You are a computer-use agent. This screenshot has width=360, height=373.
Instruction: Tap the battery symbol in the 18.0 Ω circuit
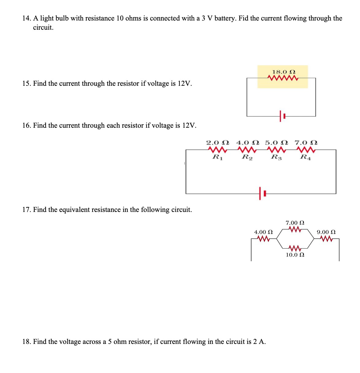(x=282, y=116)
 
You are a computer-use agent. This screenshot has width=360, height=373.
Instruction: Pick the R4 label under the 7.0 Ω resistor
(x=305, y=157)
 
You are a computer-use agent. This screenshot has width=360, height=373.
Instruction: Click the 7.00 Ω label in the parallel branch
(x=295, y=223)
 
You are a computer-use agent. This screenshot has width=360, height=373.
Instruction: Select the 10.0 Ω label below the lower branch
(x=295, y=255)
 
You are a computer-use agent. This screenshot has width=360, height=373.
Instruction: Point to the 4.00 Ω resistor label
(x=264, y=232)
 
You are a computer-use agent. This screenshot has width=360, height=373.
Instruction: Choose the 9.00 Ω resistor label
(x=326, y=232)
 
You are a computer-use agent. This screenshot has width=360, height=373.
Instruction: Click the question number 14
(x=26, y=18)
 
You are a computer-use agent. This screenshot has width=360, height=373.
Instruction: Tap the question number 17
(x=26, y=210)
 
